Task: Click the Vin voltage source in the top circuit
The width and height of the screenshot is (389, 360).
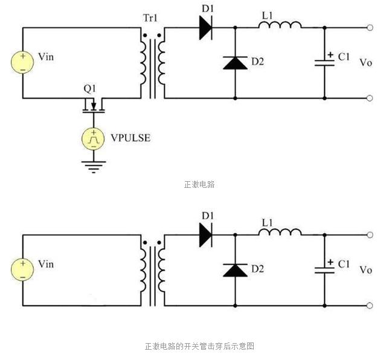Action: tap(23, 62)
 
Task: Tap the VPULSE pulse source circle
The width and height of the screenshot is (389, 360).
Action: tap(93, 138)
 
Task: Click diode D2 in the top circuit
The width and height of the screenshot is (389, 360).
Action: tap(234, 62)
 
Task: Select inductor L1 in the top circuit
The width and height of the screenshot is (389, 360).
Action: tap(280, 25)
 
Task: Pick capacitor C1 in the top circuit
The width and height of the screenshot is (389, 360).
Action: tap(324, 62)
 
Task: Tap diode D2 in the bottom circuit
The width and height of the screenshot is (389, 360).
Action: tap(234, 269)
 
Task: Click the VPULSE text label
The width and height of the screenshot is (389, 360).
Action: tap(130, 138)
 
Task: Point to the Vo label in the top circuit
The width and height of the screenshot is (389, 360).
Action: tap(366, 62)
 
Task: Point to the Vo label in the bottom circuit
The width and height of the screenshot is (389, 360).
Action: tap(366, 269)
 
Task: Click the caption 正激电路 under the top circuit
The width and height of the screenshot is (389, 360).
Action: tap(199, 184)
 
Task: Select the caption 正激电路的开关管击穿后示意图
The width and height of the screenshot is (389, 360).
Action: tap(199, 346)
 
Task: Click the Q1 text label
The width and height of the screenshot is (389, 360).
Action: tap(90, 89)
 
